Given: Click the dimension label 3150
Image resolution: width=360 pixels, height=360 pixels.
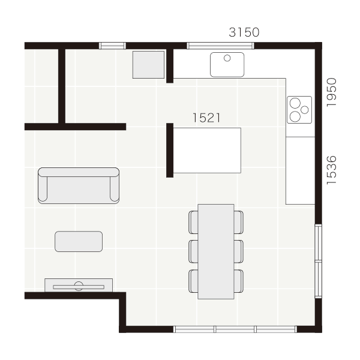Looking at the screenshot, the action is pyautogui.click(x=244, y=32).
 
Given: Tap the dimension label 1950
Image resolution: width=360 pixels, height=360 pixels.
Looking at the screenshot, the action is pyautogui.click(x=331, y=92).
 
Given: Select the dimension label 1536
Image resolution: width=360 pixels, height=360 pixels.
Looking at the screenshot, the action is pyautogui.click(x=331, y=170).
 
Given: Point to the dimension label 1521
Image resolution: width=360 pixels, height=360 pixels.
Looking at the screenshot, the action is pyautogui.click(x=206, y=118).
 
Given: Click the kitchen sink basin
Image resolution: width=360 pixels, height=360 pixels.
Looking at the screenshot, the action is pyautogui.click(x=227, y=65).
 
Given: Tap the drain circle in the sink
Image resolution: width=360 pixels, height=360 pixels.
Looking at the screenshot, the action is pyautogui.click(x=227, y=58).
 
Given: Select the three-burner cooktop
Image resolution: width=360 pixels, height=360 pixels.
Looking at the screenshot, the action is pyautogui.click(x=299, y=110).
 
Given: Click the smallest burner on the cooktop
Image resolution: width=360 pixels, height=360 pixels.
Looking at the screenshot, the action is pyautogui.click(x=305, y=110).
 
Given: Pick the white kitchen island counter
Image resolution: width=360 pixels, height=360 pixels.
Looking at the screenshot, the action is pyautogui.click(x=207, y=151).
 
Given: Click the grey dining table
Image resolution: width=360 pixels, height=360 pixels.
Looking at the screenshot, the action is pyautogui.click(x=216, y=251).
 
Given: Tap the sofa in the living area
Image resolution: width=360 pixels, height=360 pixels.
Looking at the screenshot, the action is pyautogui.click(x=79, y=185).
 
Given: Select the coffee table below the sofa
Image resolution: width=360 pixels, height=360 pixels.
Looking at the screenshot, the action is pyautogui.click(x=79, y=242).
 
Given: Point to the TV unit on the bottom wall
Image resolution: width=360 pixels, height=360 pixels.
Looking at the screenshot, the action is pyautogui.click(x=79, y=285).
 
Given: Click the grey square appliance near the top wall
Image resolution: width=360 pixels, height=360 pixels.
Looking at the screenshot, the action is pyautogui.click(x=148, y=65).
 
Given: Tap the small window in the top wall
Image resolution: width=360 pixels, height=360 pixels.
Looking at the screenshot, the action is pyautogui.click(x=112, y=46).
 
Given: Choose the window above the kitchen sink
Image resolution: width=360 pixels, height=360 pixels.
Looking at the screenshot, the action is pyautogui.click(x=220, y=46).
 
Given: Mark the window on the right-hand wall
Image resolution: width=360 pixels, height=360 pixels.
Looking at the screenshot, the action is pyautogui.click(x=318, y=261).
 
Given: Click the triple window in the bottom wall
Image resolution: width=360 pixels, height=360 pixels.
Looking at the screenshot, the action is pyautogui.click(x=235, y=329).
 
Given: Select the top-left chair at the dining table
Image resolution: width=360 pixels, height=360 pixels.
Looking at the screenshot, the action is pyautogui.click(x=193, y=222).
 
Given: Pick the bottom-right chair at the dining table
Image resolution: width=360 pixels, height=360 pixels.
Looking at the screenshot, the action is pyautogui.click(x=239, y=281).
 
